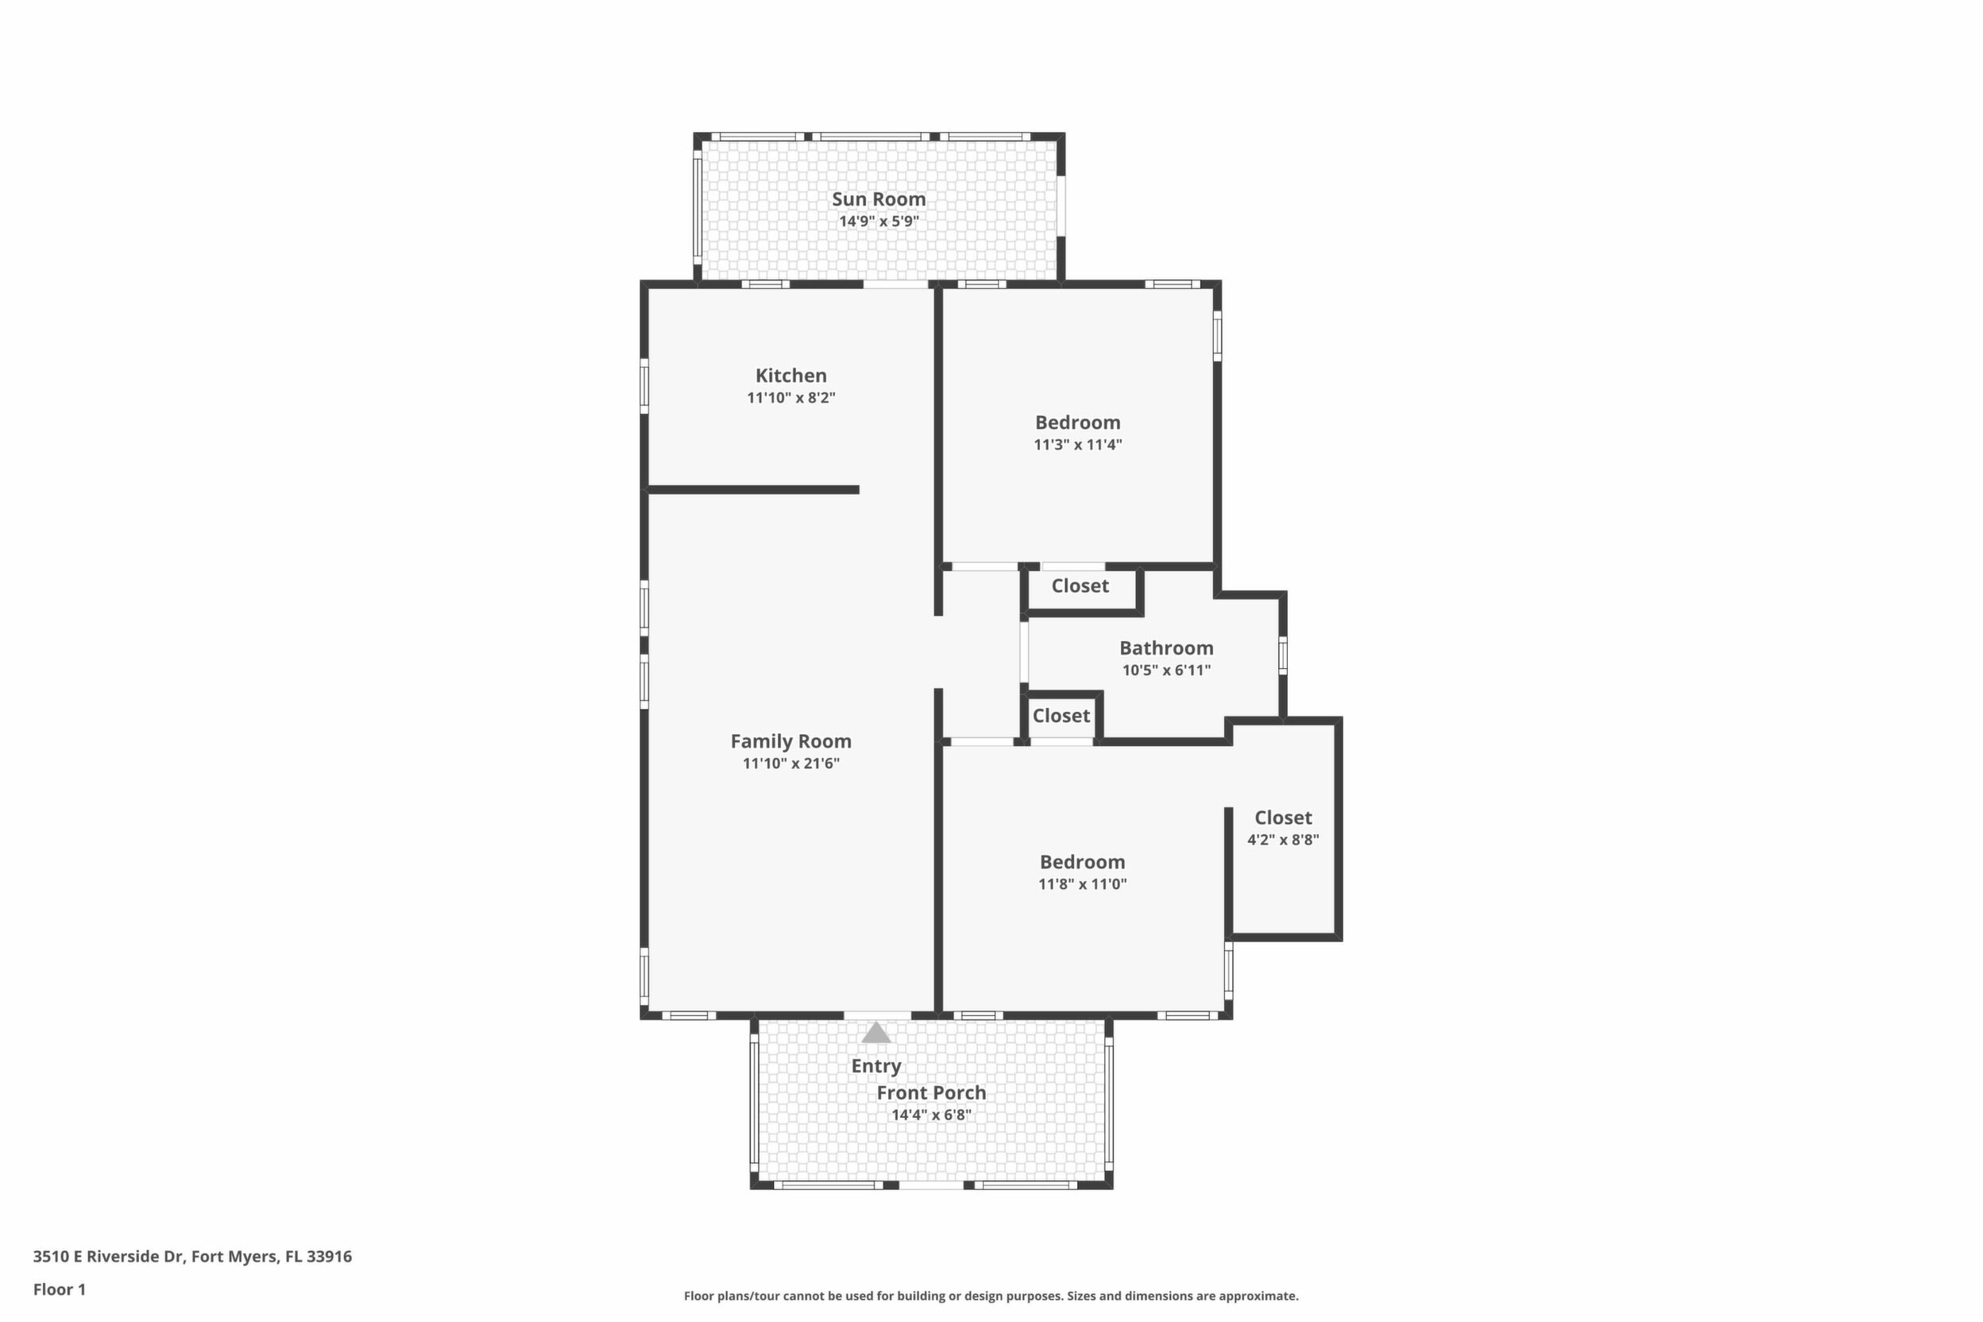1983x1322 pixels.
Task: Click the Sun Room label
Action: coord(879,199)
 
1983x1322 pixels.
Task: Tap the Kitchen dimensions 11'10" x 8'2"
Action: coord(790,397)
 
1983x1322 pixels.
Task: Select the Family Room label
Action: coord(790,741)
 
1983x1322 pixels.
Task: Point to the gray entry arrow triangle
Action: coord(876,1032)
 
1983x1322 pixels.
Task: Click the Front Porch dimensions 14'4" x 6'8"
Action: coord(932,1115)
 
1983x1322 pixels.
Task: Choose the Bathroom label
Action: coord(1166,647)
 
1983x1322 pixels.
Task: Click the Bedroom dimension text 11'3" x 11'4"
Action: coord(1077,444)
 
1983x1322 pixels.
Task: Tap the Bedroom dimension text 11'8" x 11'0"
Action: coord(1083,883)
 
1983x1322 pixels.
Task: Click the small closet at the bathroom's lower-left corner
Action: coord(1061,717)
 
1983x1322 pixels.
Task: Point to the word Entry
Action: coord(876,1065)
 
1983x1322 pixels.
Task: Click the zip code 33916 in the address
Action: coord(329,1256)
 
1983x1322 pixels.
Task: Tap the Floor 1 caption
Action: coord(59,1289)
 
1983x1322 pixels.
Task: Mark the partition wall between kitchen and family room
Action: coord(754,490)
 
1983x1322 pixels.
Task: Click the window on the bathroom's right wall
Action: coord(1283,655)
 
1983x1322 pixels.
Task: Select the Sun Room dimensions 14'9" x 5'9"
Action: coord(879,222)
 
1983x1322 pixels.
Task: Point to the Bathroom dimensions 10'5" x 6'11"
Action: coord(1166,671)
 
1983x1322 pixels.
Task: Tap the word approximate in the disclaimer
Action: coord(1258,1297)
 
